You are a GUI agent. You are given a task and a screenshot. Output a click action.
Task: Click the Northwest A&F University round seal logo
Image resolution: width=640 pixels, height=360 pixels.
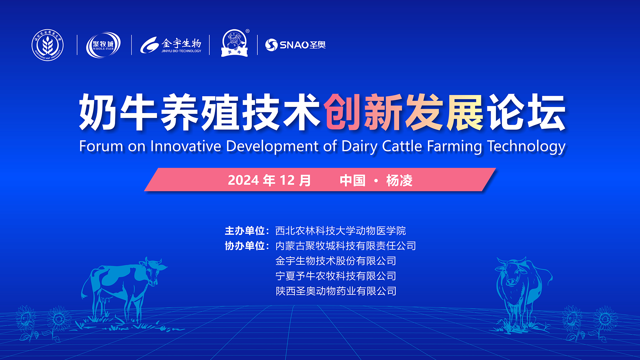48,45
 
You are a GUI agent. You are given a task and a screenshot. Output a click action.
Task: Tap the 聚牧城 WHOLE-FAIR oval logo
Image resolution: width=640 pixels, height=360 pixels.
103,45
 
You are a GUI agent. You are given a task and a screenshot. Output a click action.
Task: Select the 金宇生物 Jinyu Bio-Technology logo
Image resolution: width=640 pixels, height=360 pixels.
171,45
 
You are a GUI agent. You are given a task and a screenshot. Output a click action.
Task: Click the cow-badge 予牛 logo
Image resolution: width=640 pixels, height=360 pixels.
235,43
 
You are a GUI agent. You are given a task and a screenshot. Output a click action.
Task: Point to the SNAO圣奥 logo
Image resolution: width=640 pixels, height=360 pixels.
295,45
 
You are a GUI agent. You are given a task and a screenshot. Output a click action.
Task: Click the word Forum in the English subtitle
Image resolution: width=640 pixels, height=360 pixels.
101,146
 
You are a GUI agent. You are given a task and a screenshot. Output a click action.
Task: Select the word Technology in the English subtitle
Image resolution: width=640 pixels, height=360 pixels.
526,147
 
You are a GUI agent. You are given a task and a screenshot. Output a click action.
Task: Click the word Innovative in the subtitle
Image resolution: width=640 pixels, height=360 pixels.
186,146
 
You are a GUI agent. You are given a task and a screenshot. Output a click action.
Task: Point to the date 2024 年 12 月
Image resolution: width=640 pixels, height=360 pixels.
269,180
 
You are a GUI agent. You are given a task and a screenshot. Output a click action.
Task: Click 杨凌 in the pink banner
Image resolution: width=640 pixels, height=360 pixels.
399,180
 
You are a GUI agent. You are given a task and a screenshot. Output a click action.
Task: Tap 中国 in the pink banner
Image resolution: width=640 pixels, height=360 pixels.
353,180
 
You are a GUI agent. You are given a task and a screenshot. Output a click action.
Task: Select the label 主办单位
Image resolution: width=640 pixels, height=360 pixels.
245,231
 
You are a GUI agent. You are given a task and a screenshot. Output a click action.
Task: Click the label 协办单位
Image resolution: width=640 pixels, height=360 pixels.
245,246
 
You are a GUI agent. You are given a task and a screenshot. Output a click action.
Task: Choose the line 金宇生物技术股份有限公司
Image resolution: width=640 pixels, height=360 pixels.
336,261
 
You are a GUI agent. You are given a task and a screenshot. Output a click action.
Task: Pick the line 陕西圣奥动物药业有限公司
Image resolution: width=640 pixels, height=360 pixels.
336,291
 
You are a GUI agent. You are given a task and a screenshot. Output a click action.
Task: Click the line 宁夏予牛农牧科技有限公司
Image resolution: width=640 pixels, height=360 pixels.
336,276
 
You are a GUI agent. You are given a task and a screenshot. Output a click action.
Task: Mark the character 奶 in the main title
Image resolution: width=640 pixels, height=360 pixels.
97,112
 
